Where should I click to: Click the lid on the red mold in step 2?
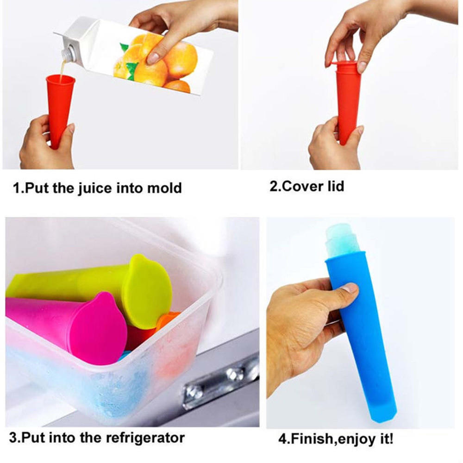[347, 65]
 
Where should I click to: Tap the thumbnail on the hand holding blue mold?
[350, 288]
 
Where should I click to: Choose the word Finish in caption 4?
[308, 438]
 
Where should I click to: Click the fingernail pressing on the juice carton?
[153, 58]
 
